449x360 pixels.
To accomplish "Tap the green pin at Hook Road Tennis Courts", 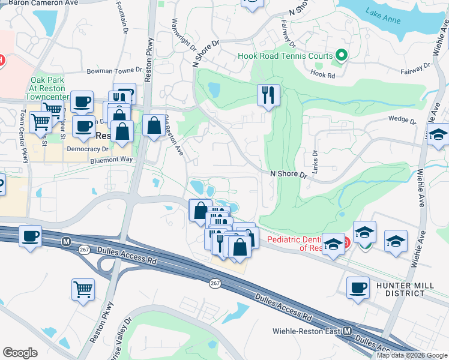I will click(342, 56).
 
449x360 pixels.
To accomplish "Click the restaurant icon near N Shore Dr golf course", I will click(268, 94).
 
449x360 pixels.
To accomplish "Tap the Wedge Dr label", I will click(402, 119).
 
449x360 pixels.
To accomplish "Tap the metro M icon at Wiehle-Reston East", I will click(347, 331).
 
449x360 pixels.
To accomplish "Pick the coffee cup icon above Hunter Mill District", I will click(358, 287).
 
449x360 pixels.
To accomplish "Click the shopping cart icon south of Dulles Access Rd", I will click(83, 289).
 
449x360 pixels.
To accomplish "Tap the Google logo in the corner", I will click(20, 353).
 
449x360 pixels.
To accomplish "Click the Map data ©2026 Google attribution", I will click(412, 355).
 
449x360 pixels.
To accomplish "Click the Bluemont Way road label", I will click(111, 160).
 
